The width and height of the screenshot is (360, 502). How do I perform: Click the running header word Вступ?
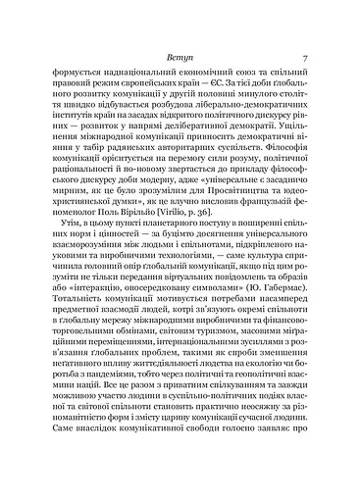tap(180, 58)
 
